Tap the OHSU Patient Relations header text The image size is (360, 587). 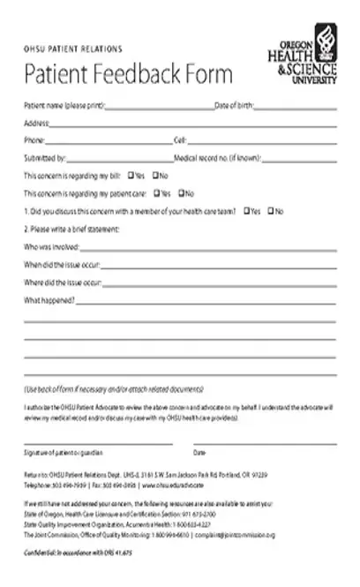[73, 49]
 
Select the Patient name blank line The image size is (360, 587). [160, 108]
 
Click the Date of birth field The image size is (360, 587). [296, 108]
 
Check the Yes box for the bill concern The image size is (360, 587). [131, 176]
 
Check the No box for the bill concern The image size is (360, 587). [156, 176]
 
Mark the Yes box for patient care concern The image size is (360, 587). [156, 193]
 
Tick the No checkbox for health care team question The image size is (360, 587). [270, 211]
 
